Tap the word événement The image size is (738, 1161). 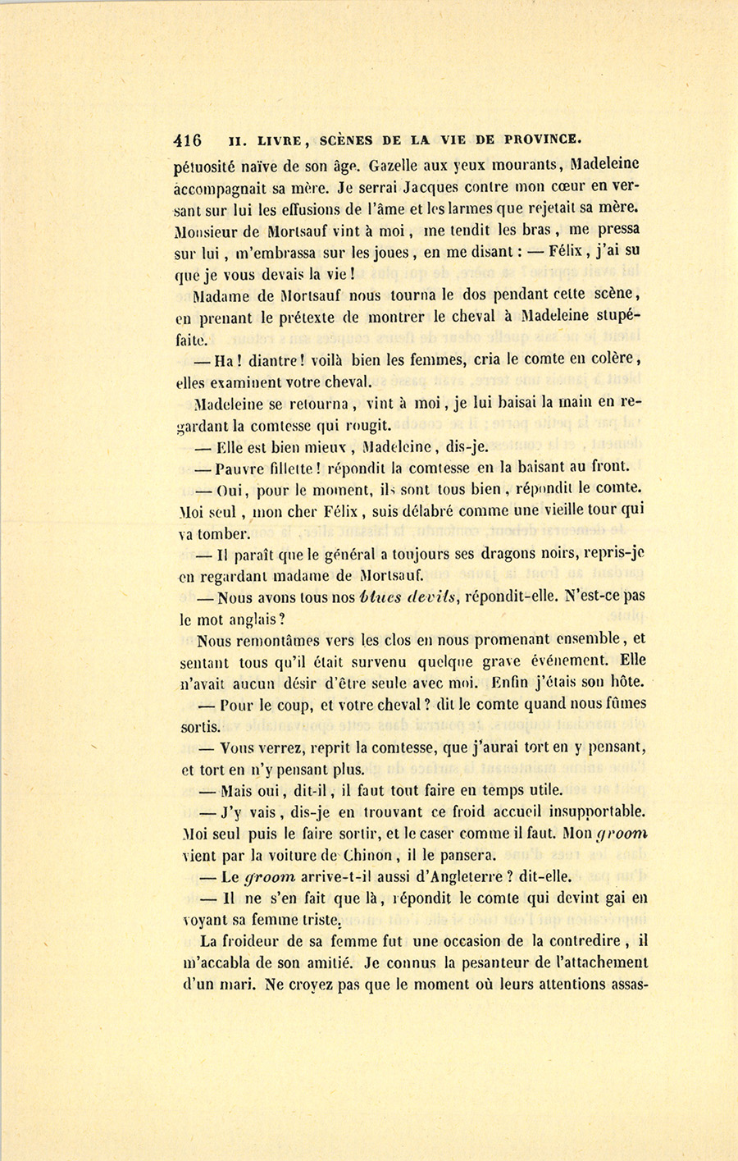567,660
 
